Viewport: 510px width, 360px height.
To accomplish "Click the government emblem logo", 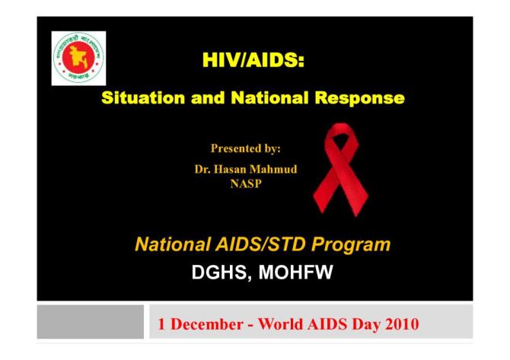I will click(x=78, y=58).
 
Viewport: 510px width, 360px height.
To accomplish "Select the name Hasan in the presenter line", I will click(x=237, y=169).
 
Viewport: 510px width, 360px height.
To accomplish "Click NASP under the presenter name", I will click(x=246, y=183).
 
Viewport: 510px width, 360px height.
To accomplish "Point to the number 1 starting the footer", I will click(x=161, y=323).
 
